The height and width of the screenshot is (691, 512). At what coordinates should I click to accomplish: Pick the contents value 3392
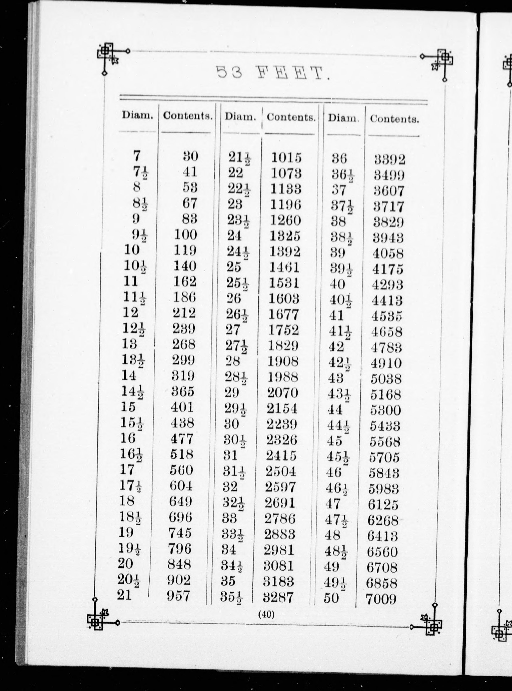click(x=390, y=160)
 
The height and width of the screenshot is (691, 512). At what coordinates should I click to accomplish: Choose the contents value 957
click(x=178, y=596)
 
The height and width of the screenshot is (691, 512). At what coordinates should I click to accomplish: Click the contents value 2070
click(x=282, y=393)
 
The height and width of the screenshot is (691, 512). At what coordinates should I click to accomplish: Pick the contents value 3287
click(x=278, y=597)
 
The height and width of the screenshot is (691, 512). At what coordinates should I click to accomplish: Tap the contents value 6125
click(x=383, y=505)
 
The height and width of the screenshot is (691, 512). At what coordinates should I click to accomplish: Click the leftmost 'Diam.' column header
click(x=138, y=115)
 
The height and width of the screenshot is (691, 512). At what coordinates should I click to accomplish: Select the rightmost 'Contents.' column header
click(x=394, y=119)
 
